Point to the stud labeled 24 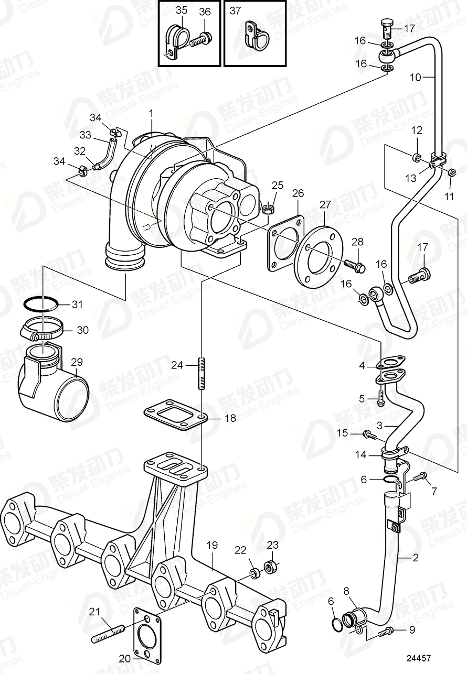pos(201,373)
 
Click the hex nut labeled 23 pos(273,567)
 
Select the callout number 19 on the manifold pos(211,546)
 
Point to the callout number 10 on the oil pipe pos(415,78)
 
